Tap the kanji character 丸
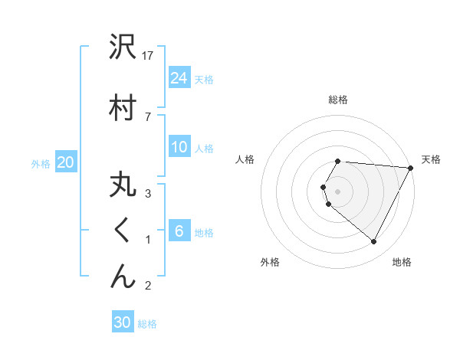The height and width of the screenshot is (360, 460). click(x=123, y=186)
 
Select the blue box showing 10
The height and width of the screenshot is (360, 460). click(x=179, y=147)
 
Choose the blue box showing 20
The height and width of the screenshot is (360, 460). click(x=66, y=162)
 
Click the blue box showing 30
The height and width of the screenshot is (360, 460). click(x=123, y=322)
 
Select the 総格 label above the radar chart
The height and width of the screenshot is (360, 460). click(x=338, y=100)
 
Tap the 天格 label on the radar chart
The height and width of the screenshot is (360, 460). click(x=431, y=159)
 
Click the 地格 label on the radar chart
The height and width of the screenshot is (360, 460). click(x=402, y=262)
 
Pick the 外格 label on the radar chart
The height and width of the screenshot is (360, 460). click(x=270, y=262)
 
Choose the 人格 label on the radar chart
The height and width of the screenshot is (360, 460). click(x=245, y=159)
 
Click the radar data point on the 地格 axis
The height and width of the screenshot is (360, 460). click(x=373, y=242)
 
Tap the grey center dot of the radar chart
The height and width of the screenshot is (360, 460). click(x=338, y=191)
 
